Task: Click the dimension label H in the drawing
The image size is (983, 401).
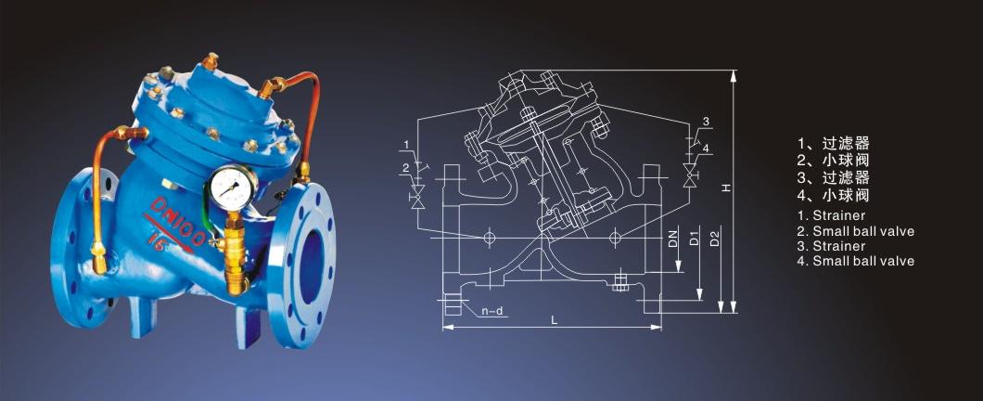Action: click(726, 188)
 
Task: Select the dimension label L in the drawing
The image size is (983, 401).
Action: click(554, 320)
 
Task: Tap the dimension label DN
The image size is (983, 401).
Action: click(673, 239)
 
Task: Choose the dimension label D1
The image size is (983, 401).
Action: click(694, 239)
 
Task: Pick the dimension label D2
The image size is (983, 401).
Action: click(715, 239)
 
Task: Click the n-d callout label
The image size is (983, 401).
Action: click(492, 311)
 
